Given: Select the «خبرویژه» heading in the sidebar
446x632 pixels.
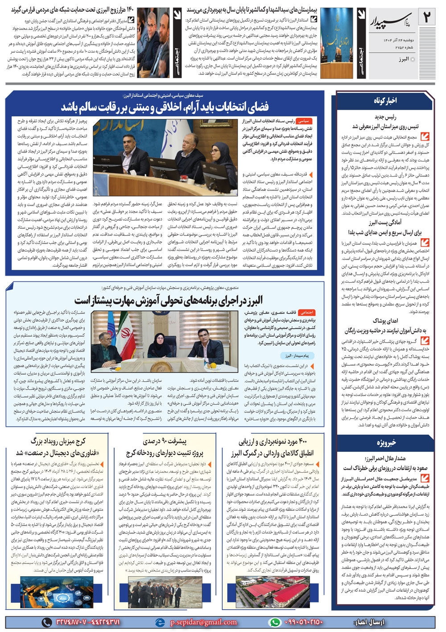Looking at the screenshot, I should [386, 442].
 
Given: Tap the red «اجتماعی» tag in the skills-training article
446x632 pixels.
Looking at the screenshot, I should [307, 313].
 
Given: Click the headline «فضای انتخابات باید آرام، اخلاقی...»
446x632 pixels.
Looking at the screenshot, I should [165, 107].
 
